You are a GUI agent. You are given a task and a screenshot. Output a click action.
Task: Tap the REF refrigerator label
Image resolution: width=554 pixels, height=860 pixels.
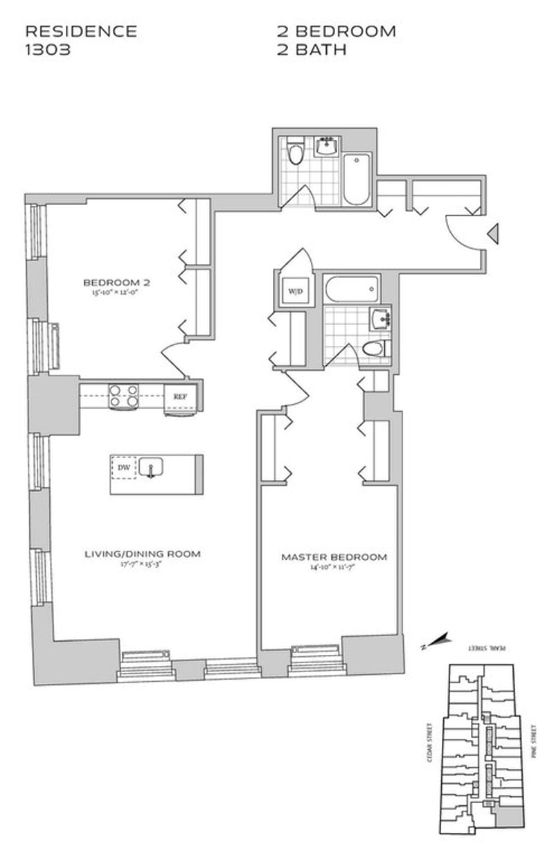[180, 397]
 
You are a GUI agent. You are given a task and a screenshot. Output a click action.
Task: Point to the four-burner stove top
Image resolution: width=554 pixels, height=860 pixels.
[123, 396]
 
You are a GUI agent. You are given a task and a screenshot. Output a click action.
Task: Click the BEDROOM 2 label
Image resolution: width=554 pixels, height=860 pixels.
[117, 282]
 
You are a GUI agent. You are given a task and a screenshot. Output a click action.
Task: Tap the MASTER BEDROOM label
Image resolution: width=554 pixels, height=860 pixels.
[334, 557]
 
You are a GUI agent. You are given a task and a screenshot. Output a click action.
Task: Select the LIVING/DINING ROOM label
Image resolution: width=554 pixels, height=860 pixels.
[143, 554]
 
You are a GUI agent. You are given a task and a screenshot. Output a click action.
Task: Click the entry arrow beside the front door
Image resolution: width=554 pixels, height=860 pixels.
[493, 234]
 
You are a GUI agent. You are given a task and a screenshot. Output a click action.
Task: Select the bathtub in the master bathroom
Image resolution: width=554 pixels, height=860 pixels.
[352, 288]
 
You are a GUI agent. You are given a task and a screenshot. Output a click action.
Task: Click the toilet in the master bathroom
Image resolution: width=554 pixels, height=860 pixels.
[376, 349]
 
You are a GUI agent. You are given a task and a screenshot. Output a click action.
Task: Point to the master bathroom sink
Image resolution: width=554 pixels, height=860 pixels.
[381, 319]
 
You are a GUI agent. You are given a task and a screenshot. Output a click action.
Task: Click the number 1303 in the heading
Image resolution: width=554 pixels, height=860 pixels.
[48, 50]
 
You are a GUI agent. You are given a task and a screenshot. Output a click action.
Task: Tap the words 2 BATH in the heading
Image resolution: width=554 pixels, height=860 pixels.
[312, 50]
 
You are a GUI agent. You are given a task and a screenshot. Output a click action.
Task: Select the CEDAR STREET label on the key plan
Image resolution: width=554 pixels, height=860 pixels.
[429, 744]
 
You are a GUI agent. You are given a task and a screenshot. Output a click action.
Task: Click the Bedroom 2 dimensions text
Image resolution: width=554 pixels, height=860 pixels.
[117, 292]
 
